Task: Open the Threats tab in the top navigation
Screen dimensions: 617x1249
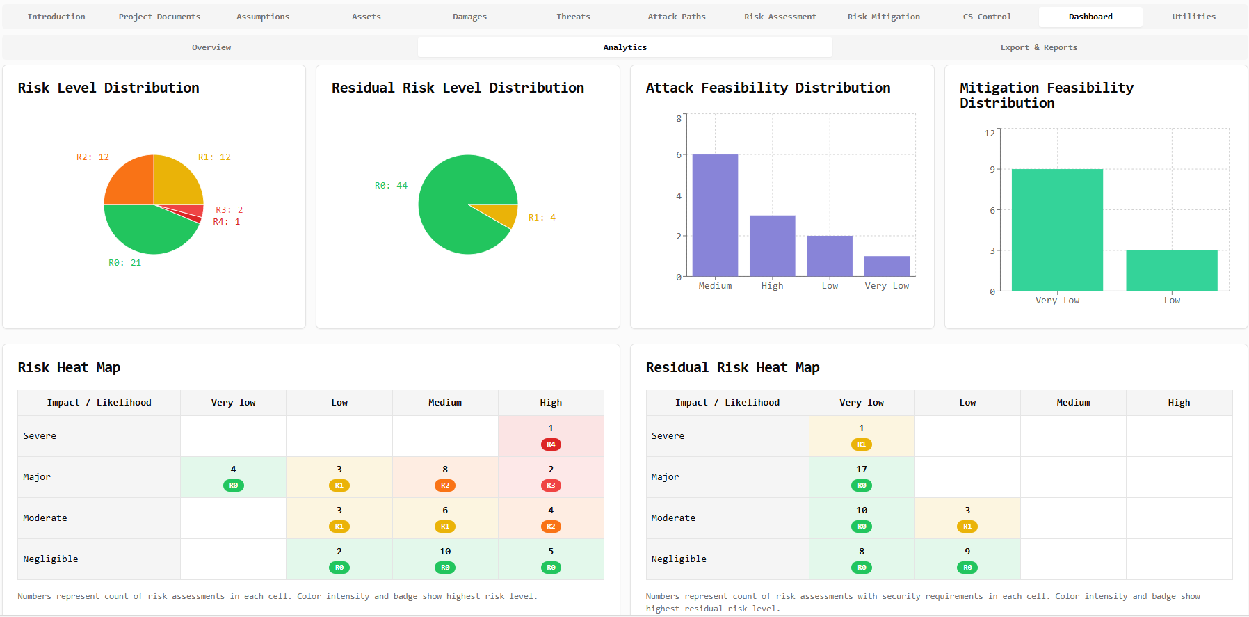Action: click(x=573, y=17)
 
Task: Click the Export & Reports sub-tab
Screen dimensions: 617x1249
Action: click(x=1038, y=47)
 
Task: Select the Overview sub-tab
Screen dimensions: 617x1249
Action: click(x=211, y=47)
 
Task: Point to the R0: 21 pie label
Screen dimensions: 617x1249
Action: click(x=124, y=263)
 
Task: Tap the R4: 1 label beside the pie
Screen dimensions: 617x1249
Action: click(x=227, y=222)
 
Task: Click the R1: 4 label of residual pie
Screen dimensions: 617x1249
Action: click(x=542, y=218)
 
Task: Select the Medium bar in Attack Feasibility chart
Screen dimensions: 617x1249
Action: click(x=715, y=216)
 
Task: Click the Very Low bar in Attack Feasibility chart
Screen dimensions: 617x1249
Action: click(x=887, y=266)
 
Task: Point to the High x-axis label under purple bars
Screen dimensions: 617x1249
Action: click(x=772, y=286)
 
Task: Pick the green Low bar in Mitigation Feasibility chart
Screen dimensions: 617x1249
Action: click(x=1172, y=271)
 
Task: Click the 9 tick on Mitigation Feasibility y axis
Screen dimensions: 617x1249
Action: click(x=992, y=169)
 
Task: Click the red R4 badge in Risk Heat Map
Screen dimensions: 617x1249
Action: click(x=551, y=444)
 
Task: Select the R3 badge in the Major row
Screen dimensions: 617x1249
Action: click(x=551, y=486)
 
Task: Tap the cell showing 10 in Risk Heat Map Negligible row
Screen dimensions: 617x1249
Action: click(x=445, y=559)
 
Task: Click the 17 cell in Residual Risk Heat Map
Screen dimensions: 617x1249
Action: click(x=862, y=476)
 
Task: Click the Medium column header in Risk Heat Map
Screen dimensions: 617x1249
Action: click(x=445, y=403)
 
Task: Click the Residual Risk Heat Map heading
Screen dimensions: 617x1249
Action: click(x=732, y=367)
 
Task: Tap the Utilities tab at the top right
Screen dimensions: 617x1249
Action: click(x=1193, y=17)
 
